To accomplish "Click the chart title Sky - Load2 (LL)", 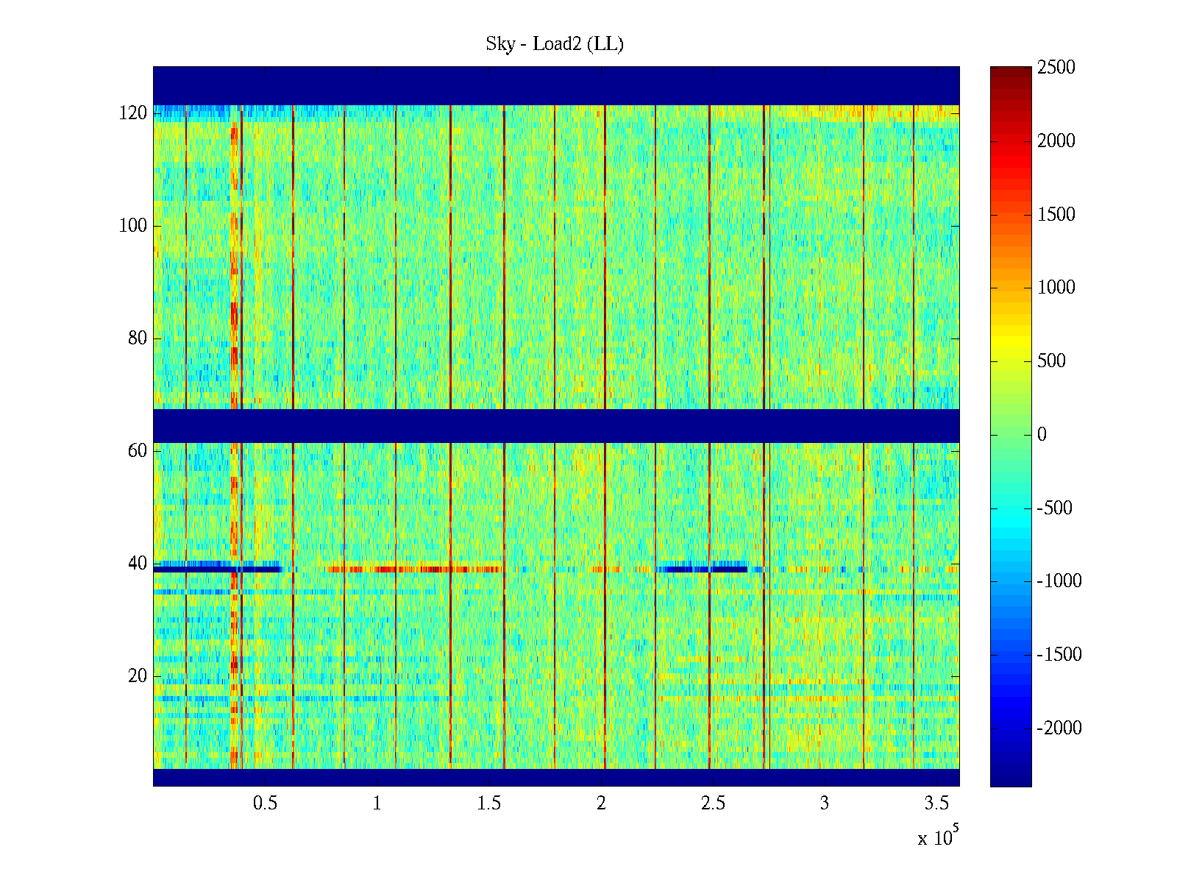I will [555, 44].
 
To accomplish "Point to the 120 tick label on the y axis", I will [133, 113].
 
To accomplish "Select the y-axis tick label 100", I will [133, 226].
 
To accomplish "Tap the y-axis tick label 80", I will [138, 338].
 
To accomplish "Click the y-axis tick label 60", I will [138, 451].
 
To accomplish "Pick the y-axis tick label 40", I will [138, 564].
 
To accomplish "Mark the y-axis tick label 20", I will [138, 676].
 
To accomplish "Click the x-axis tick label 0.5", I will [265, 804].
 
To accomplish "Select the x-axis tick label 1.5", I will [489, 804].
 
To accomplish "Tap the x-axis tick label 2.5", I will [713, 804].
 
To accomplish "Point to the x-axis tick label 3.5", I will [936, 804].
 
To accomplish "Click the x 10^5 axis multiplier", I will [938, 837].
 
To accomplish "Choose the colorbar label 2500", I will [1056, 68].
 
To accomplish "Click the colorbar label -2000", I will [1059, 728].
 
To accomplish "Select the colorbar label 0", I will [1042, 435].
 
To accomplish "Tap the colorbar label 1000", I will [1056, 288].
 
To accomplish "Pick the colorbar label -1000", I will [1059, 581].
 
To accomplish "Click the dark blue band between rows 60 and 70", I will [556, 425].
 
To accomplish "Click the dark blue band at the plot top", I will [556, 85].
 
